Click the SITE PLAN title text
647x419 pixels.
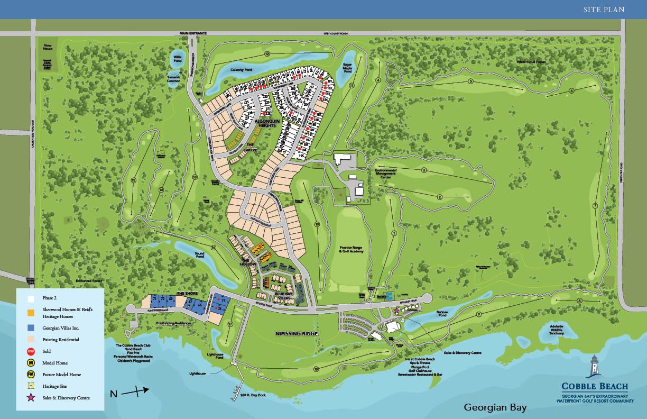pyautogui.click(x=604, y=9)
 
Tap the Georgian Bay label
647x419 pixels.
pyautogui.click(x=495, y=407)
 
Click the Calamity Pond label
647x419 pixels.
pyautogui.click(x=241, y=70)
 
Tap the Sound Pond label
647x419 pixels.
pyautogui.click(x=200, y=254)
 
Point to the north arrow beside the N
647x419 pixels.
pyautogui.click(x=136, y=391)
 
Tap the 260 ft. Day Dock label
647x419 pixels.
pyautogui.click(x=251, y=395)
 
